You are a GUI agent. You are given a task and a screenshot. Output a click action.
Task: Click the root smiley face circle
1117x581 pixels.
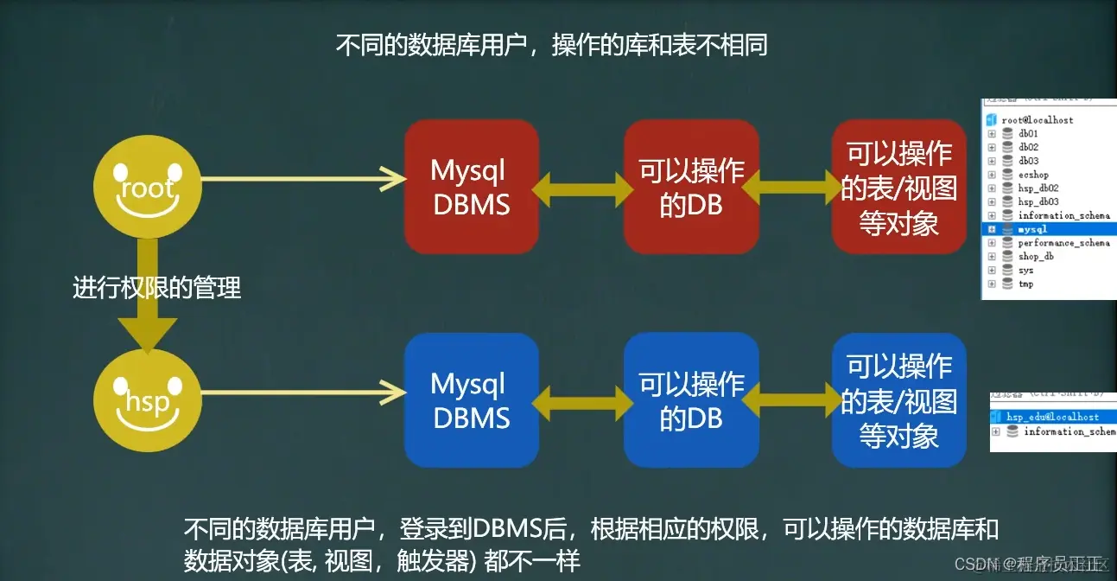[x=148, y=186]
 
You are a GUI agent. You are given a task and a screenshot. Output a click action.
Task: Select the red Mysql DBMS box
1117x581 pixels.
[x=472, y=187]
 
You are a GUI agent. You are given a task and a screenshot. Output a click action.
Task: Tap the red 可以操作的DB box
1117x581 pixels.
[x=691, y=187]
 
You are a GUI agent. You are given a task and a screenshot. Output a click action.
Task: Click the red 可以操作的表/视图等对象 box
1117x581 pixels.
[x=898, y=187]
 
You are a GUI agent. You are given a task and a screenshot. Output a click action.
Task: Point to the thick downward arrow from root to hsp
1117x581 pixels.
[x=147, y=294]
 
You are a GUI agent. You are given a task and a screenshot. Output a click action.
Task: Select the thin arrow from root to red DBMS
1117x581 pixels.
[x=302, y=179]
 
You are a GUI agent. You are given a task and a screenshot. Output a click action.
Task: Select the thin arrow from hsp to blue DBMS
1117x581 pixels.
[x=302, y=393]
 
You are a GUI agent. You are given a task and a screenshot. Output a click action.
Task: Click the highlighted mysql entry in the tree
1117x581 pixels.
[x=1033, y=229]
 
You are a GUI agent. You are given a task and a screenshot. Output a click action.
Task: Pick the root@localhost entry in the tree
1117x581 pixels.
[x=1037, y=120]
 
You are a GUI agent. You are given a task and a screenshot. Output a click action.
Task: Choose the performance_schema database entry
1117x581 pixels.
[x=1063, y=243]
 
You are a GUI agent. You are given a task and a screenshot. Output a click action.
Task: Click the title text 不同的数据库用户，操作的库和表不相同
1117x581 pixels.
[x=551, y=45]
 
